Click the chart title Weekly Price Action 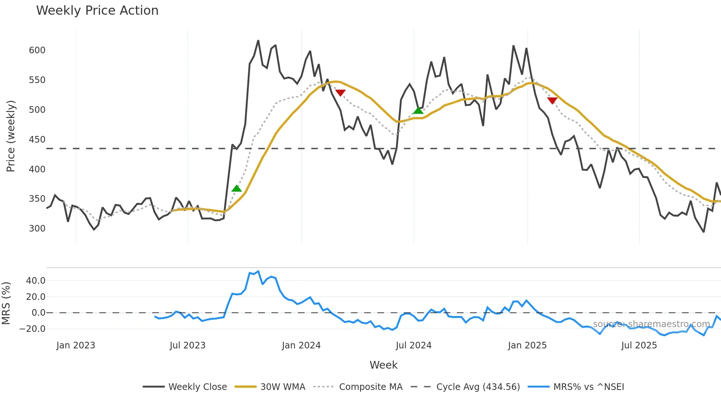click(97, 11)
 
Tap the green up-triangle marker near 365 click(237, 189)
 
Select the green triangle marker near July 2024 click(418, 110)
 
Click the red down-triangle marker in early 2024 click(340, 93)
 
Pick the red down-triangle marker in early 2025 click(552, 100)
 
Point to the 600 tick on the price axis click(37, 50)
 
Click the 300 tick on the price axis click(37, 229)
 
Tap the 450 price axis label click(37, 140)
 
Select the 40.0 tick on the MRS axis click(36, 281)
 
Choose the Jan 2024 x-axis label click(301, 345)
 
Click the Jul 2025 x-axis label click(639, 345)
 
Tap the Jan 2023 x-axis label click(76, 345)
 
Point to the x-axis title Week click(383, 365)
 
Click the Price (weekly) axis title click(11, 136)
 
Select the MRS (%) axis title click(6, 303)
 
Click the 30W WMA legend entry click(283, 387)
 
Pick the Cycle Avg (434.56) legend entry click(478, 387)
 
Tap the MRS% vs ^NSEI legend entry click(589, 387)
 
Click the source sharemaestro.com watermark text click(651, 324)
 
